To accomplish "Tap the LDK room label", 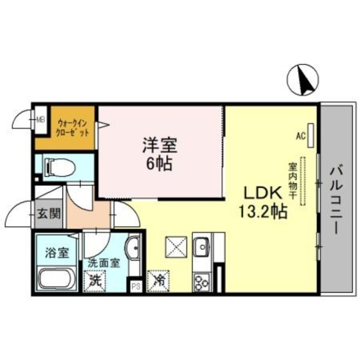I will tap(263, 193).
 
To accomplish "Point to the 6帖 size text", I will tap(160, 164).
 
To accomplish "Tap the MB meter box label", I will tap(41, 120).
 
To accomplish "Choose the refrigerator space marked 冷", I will tap(157, 280).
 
